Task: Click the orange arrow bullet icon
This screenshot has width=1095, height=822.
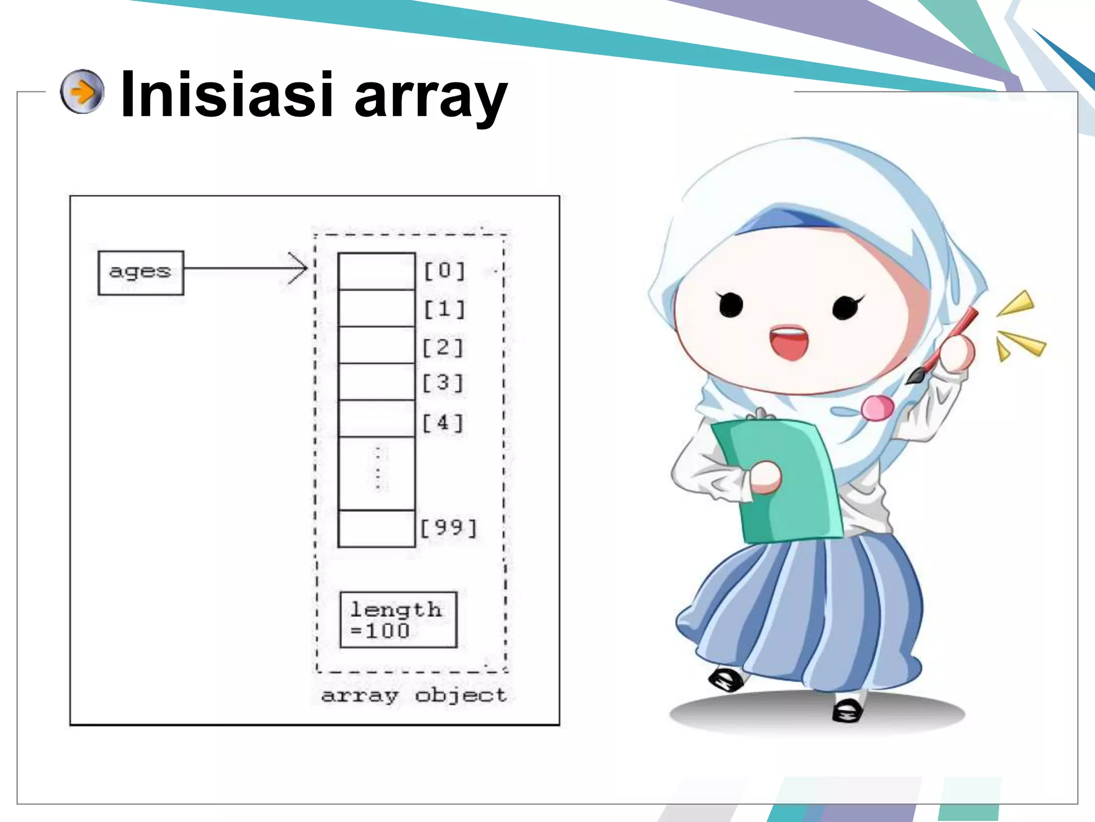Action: tap(82, 92)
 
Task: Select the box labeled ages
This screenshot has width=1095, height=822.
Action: tap(141, 272)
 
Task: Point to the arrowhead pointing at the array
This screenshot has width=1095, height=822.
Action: tap(299, 268)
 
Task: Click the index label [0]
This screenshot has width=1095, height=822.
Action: tap(444, 271)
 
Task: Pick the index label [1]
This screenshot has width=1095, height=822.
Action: tap(444, 309)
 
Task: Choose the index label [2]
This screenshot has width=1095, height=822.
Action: tap(443, 347)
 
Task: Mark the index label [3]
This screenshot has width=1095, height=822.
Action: tap(443, 383)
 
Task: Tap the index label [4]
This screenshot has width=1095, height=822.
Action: tap(443, 423)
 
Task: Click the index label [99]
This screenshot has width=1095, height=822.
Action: tap(448, 528)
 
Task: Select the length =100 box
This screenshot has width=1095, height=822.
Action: tap(398, 620)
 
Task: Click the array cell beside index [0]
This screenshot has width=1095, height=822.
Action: tap(376, 271)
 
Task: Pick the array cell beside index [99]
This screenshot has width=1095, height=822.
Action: tap(376, 529)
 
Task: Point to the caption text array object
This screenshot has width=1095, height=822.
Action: tap(414, 695)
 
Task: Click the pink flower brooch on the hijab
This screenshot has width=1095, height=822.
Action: tap(877, 408)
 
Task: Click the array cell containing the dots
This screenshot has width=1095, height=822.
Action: tap(376, 473)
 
